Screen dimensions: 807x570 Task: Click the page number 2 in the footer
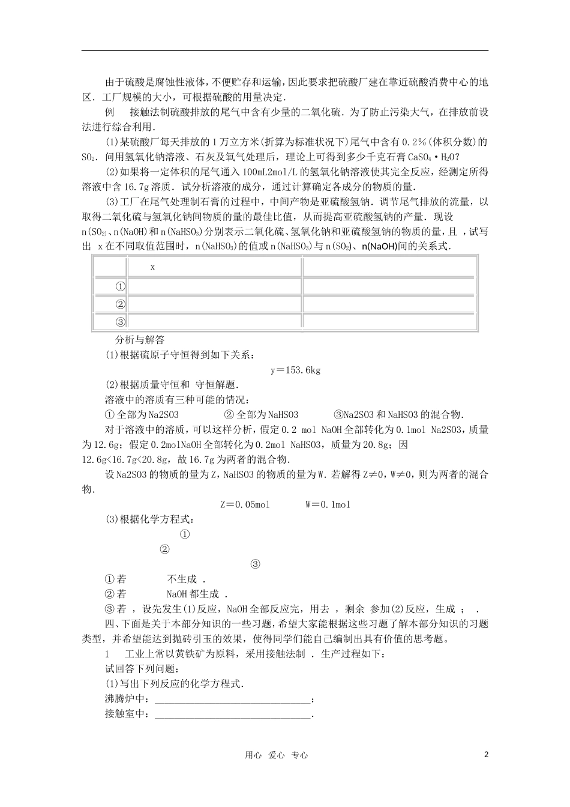click(x=486, y=755)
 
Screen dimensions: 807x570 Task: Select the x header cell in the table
click(x=153, y=267)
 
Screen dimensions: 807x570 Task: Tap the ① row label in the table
click(x=120, y=286)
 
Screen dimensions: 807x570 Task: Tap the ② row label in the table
click(x=120, y=304)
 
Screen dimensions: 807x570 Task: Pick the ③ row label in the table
click(x=120, y=321)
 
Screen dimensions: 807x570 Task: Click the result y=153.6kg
click(x=296, y=370)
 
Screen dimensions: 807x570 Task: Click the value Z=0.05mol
click(x=245, y=504)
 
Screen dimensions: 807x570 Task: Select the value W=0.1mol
click(x=328, y=504)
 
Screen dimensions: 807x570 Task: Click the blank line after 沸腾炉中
click(x=233, y=700)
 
